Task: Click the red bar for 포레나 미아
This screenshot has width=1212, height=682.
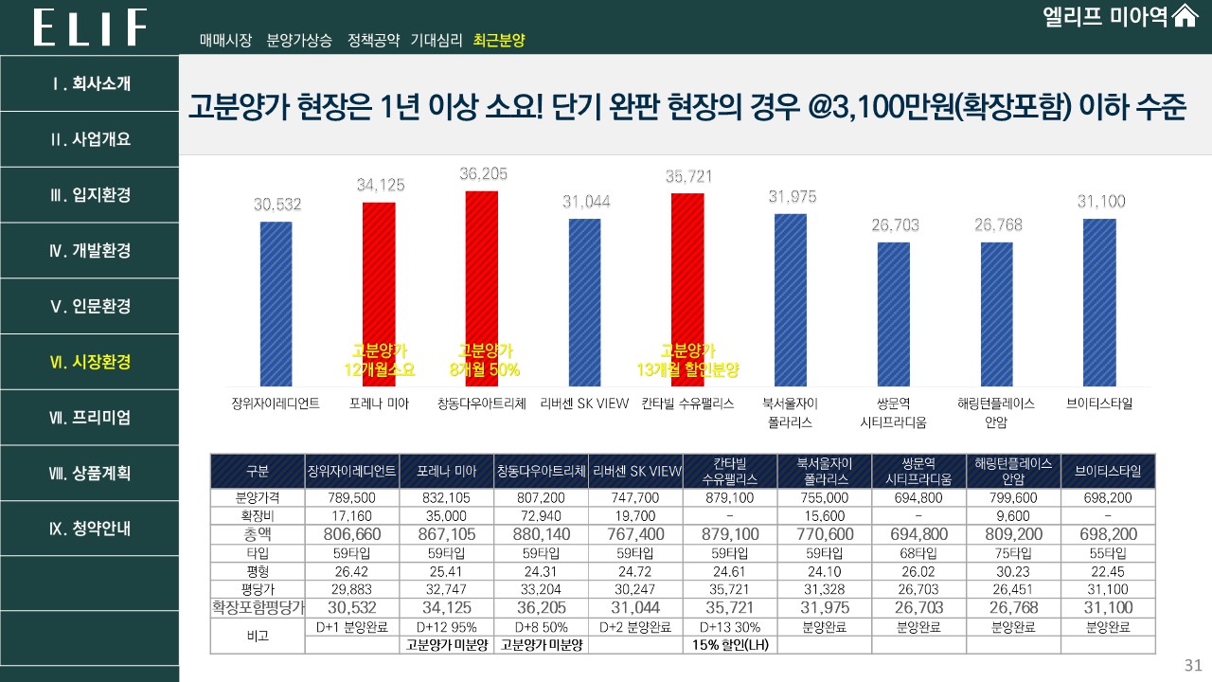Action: tap(379, 294)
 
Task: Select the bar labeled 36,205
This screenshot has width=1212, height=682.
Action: tap(481, 288)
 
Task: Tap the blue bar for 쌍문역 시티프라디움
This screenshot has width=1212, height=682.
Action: tap(893, 314)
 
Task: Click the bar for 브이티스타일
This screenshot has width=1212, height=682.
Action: tap(1098, 302)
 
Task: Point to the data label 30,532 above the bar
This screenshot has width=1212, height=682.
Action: tap(276, 204)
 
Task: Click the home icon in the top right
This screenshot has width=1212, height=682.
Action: tap(1185, 17)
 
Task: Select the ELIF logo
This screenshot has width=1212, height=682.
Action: tap(90, 27)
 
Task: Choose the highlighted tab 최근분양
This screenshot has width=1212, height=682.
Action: tap(499, 41)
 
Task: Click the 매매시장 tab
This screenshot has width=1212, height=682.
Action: tap(225, 41)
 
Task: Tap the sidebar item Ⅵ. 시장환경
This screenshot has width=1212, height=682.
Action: tap(90, 362)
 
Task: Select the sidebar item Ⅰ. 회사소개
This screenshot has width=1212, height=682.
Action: tap(90, 83)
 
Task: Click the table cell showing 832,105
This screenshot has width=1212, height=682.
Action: tap(446, 497)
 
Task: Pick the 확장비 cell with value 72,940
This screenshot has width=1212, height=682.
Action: tap(541, 515)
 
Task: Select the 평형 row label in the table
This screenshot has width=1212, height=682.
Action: tap(257, 571)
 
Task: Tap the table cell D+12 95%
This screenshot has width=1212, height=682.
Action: tap(446, 627)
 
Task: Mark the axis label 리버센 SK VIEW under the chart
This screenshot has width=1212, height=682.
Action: tap(584, 404)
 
